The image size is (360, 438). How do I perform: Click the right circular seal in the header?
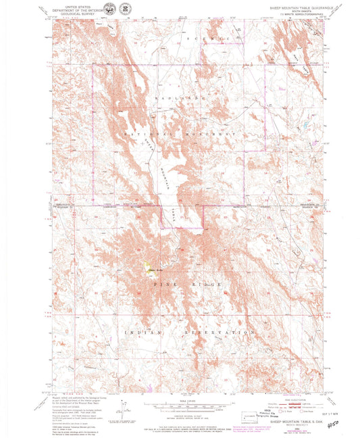pos(125,8)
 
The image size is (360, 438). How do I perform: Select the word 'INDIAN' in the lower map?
pos(135,333)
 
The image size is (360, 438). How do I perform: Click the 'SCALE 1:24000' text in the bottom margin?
pos(180,399)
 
